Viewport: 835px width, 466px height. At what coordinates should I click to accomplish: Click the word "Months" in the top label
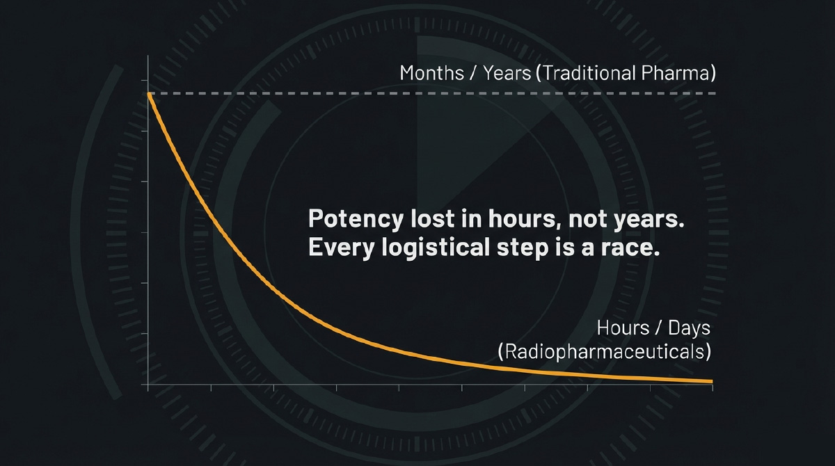tap(431, 73)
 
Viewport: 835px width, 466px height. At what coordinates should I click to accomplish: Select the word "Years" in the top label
tap(507, 73)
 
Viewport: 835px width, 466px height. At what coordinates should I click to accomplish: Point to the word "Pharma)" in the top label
tap(678, 73)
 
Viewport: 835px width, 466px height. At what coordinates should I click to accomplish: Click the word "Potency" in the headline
tap(356, 219)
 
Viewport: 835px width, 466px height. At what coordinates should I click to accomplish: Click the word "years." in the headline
tap(649, 220)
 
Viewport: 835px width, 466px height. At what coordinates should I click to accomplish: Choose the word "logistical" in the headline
tap(436, 248)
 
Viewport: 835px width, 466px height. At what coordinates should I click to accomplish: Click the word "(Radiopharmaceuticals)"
tap(605, 352)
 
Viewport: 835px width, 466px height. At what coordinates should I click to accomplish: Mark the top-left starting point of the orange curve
tap(149, 94)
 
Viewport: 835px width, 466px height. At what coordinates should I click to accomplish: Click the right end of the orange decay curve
tap(711, 381)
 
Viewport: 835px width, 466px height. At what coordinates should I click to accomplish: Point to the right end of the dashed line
tap(715, 93)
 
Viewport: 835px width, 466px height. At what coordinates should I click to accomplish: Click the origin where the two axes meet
tap(148, 385)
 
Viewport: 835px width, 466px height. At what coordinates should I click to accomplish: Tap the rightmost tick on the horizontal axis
tap(713, 387)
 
